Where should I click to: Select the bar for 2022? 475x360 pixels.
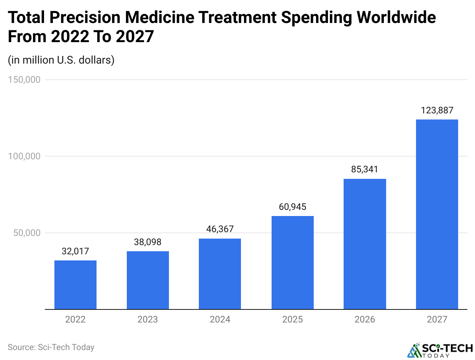[x=75, y=285]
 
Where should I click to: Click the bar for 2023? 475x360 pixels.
[x=148, y=280]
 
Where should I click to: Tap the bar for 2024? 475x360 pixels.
[x=220, y=274]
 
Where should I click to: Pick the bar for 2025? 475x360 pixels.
[x=293, y=262]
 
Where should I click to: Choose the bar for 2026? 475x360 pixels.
[x=365, y=244]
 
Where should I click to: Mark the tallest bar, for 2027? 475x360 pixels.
[x=437, y=214]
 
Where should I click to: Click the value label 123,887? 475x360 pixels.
[x=437, y=111]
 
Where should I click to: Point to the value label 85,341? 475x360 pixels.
[x=365, y=170]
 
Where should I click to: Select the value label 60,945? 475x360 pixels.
[x=293, y=207]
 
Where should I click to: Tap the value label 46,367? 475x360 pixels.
[x=220, y=229]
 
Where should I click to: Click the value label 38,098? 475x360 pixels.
[x=148, y=242]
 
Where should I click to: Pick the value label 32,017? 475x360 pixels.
[x=75, y=251]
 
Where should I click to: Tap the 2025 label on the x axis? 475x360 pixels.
[x=293, y=319]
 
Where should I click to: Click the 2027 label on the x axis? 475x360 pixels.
[x=437, y=319]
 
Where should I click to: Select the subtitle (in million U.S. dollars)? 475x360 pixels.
[x=61, y=60]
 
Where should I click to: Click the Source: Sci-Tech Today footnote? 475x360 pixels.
[x=51, y=347]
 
